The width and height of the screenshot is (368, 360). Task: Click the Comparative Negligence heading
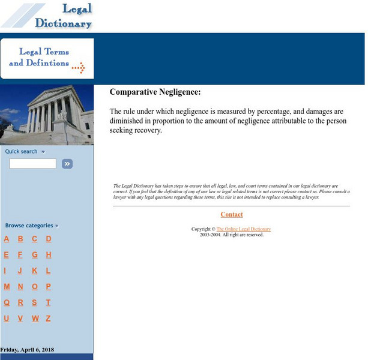pos(155,92)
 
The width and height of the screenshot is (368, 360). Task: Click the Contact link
pos(232,214)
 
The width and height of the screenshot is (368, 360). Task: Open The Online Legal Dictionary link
pos(243,229)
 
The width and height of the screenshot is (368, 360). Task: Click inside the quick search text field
pos(32,163)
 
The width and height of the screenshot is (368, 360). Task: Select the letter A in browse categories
pos(7,239)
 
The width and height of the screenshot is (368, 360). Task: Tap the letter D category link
pos(49,239)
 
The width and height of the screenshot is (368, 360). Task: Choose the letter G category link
pos(35,254)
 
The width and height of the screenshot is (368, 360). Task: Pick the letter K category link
pos(35,271)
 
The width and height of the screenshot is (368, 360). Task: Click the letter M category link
pos(7,287)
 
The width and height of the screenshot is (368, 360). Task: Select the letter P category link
pos(49,287)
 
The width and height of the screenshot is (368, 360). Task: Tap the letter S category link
pos(35,303)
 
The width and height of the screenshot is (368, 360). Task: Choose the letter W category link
pos(35,319)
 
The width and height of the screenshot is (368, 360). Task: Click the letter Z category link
pos(49,319)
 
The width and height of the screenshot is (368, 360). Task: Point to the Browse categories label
pos(29,226)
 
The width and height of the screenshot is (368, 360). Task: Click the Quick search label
pos(22,151)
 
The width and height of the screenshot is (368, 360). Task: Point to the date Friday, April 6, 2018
pos(27,349)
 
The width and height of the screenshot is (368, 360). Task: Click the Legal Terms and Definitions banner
pos(47,58)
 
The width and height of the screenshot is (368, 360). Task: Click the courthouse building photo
pos(47,115)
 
